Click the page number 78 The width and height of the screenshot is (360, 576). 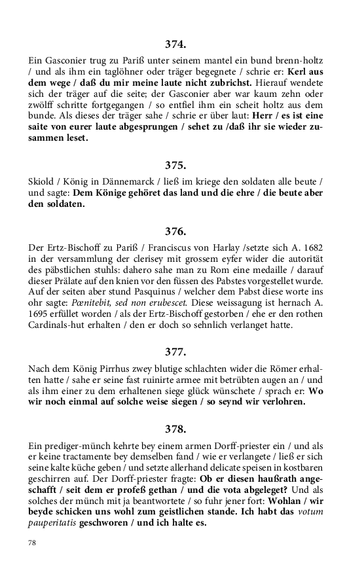[32, 543]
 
